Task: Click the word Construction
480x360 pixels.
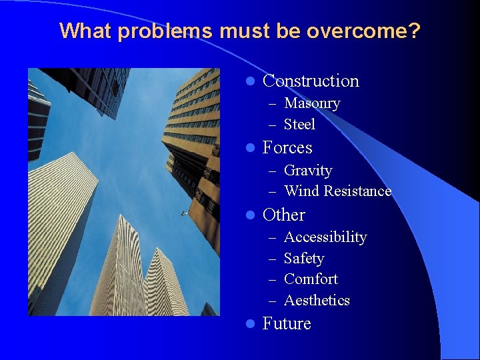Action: [311, 81]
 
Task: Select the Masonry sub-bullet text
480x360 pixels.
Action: [312, 103]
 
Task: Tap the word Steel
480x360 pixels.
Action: [299, 125]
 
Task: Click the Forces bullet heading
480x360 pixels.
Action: [287, 147]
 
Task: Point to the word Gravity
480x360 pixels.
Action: [307, 171]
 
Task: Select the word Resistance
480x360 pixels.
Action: [357, 191]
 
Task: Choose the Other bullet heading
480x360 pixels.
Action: [283, 215]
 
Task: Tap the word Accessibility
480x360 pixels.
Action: [325, 237]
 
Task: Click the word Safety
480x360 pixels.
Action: [303, 259]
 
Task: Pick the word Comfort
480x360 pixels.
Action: [311, 279]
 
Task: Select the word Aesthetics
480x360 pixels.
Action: [317, 301]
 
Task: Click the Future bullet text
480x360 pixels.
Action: [287, 324]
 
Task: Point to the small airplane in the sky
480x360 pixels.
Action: [183, 213]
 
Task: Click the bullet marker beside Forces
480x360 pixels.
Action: [249, 148]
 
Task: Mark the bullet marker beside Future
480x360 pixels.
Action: [249, 324]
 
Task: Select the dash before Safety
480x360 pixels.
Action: [272, 259]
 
